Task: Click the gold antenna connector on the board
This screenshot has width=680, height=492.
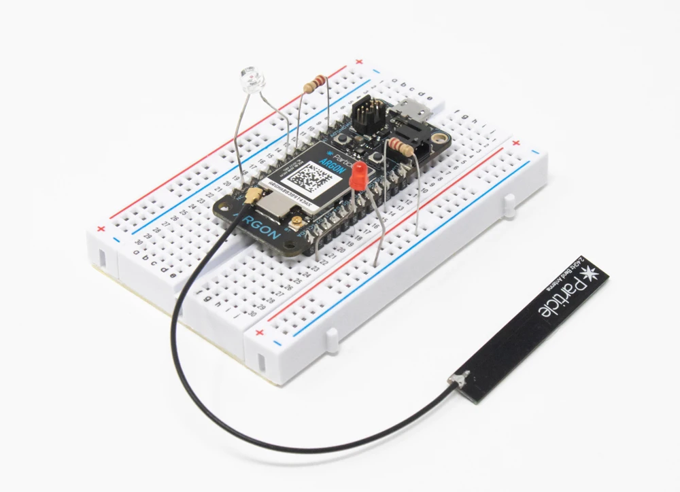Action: (252, 198)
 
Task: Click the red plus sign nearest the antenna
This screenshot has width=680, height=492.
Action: (260, 333)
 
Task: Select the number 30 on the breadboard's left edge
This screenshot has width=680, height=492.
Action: (139, 241)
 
